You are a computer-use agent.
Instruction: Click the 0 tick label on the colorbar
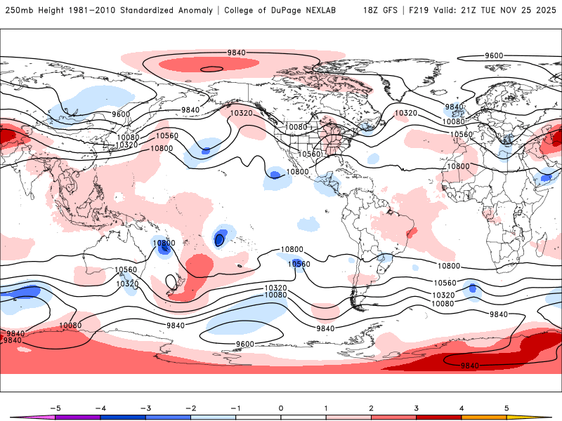(x=281, y=407)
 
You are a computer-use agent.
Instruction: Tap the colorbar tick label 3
(x=417, y=407)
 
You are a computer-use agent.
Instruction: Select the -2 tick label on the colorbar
(x=190, y=407)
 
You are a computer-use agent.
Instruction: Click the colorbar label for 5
(x=507, y=407)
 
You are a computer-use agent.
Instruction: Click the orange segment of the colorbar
(x=484, y=417)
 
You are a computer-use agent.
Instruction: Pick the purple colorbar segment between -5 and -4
(x=77, y=417)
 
